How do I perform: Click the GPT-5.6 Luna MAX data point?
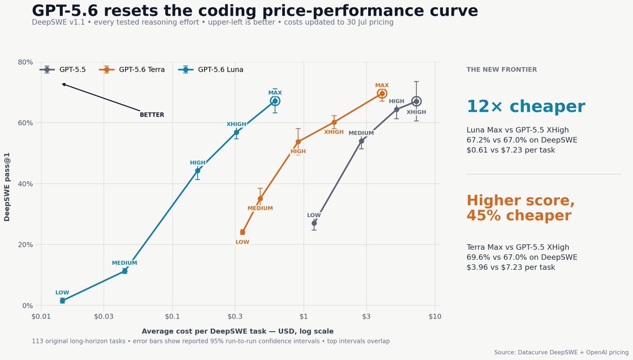[275, 101]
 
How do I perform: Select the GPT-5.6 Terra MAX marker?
[382, 93]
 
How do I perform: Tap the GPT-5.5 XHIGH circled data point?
[416, 101]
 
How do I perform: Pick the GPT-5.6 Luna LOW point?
[62, 301]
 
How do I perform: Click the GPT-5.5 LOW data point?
[314, 223]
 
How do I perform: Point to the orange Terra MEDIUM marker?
[260, 199]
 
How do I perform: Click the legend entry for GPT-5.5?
[63, 70]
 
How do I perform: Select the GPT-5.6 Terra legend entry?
[132, 70]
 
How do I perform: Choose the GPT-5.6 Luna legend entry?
[211, 70]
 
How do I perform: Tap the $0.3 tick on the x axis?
[235, 317]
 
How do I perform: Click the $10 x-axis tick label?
[435, 317]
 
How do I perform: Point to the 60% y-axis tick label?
[25, 123]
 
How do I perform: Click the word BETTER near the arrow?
[152, 114]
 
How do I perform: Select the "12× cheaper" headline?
[526, 106]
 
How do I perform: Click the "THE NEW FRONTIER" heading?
[502, 70]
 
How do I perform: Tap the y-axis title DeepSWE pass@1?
[7, 187]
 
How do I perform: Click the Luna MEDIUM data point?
[124, 271]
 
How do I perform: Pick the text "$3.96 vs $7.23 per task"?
[511, 267]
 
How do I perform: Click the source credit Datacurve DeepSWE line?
[561, 353]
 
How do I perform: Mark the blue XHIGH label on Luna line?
[236, 124]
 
